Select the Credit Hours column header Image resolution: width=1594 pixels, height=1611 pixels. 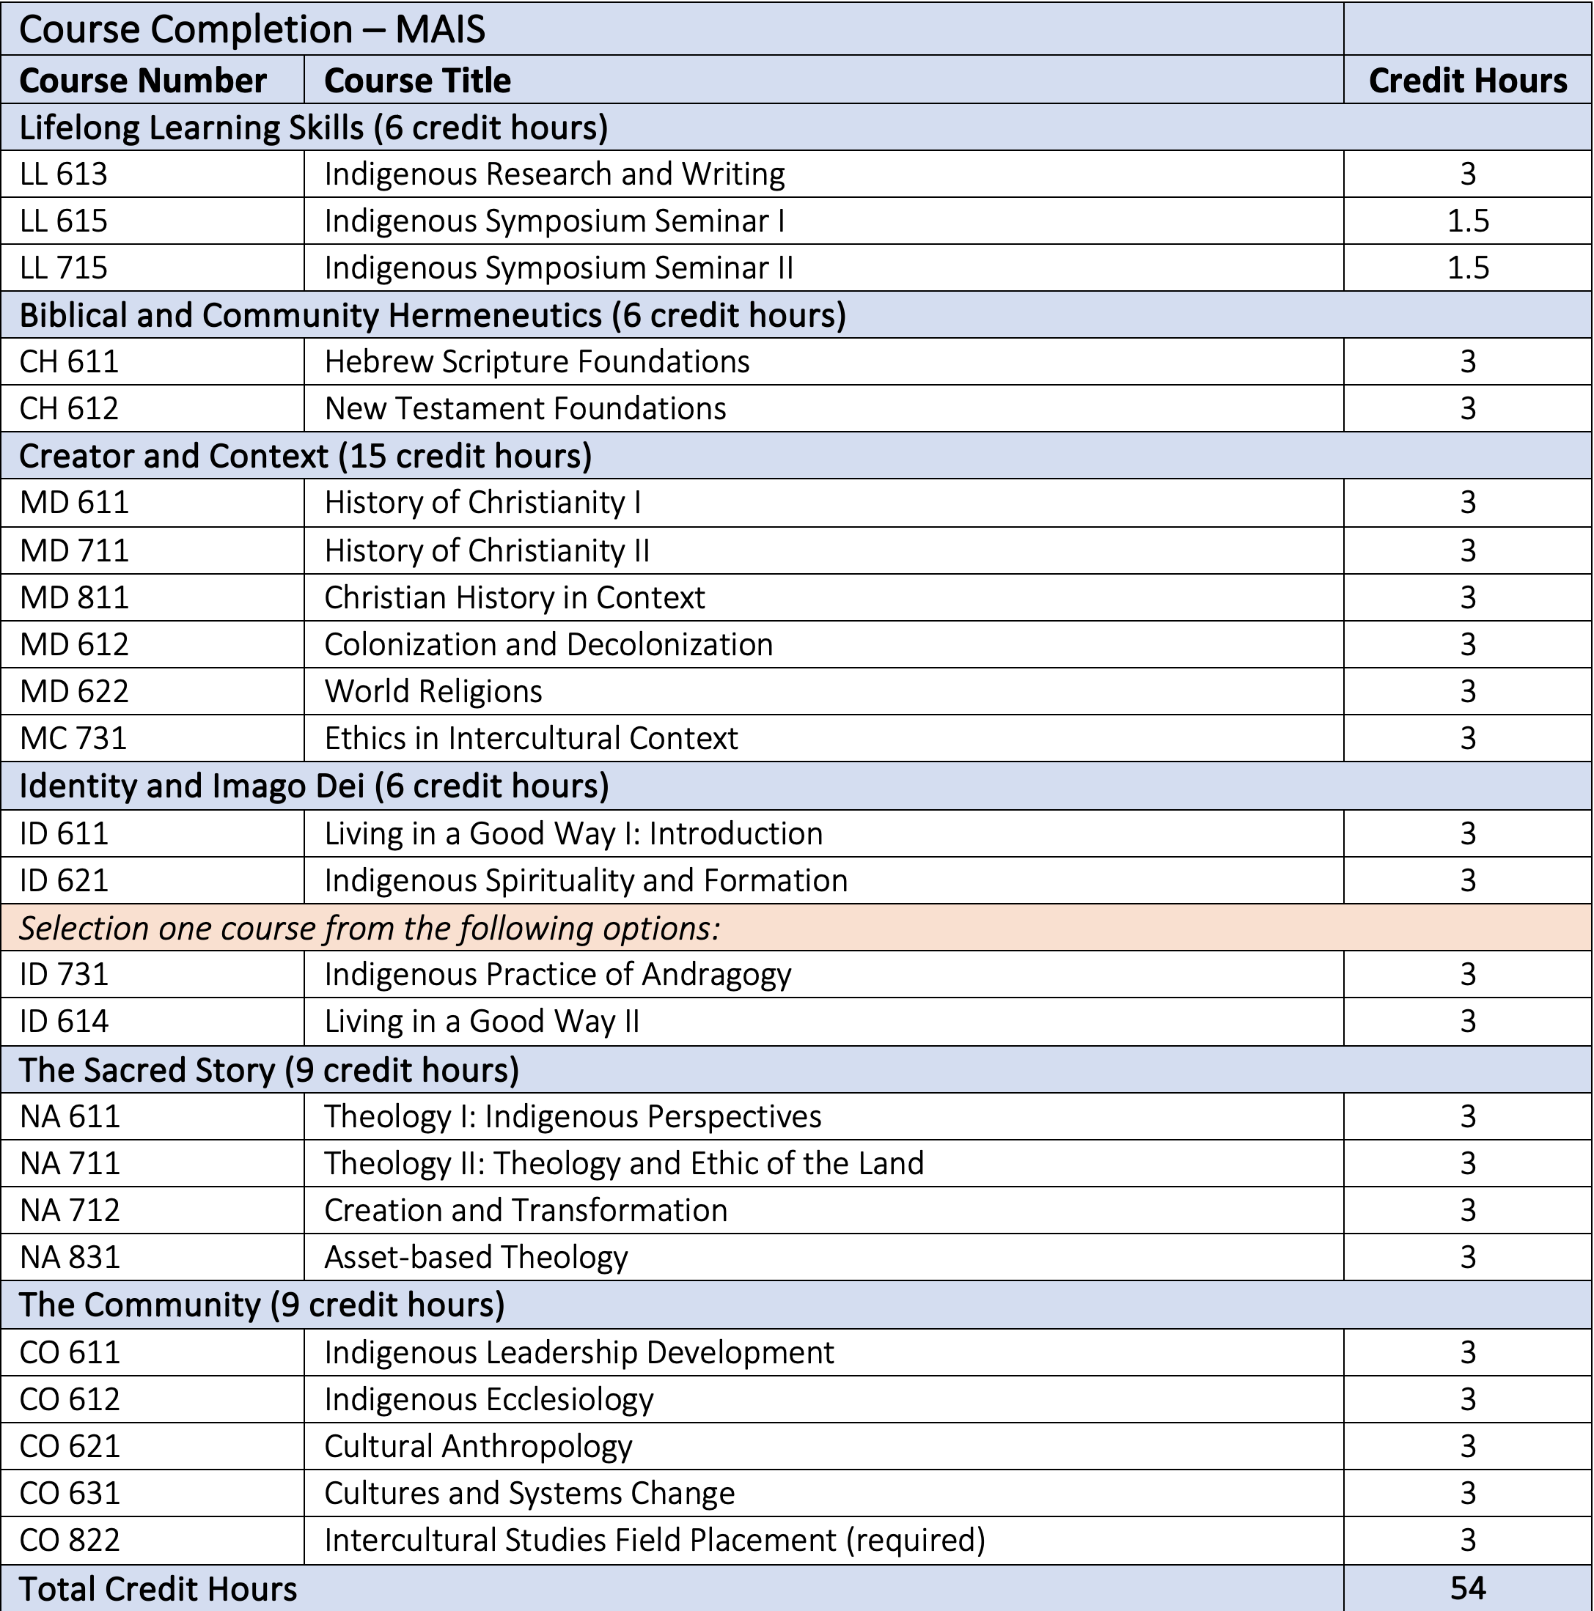(1467, 81)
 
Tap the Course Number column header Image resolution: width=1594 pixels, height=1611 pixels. (143, 81)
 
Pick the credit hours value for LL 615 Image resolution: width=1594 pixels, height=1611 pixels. (1467, 221)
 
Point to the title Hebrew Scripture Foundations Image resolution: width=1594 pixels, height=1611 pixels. (536, 362)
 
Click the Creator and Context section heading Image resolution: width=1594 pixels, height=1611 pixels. (305, 456)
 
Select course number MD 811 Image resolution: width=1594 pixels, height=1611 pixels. (74, 598)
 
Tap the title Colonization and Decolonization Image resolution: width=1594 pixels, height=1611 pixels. (548, 644)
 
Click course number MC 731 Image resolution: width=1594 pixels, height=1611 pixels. (73, 739)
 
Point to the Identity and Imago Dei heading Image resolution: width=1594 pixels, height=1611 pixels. (314, 786)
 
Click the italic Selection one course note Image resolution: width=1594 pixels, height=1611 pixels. (369, 928)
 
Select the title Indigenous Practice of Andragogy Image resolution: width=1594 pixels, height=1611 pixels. (557, 975)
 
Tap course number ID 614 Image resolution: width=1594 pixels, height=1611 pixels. (65, 1022)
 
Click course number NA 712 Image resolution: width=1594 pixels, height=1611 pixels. (70, 1211)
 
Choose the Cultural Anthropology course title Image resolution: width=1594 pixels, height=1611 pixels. (478, 1447)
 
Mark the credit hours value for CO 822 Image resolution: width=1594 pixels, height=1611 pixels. (1467, 1540)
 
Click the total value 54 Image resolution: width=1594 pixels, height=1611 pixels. (1467, 1588)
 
